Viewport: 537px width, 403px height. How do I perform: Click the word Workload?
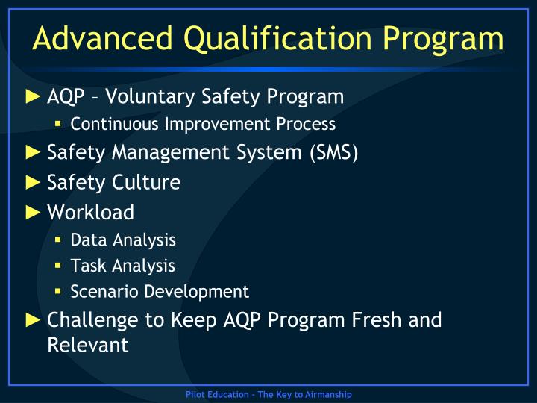90,212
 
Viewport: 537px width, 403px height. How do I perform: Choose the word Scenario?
101,291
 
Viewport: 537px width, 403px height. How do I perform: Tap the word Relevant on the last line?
87,345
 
